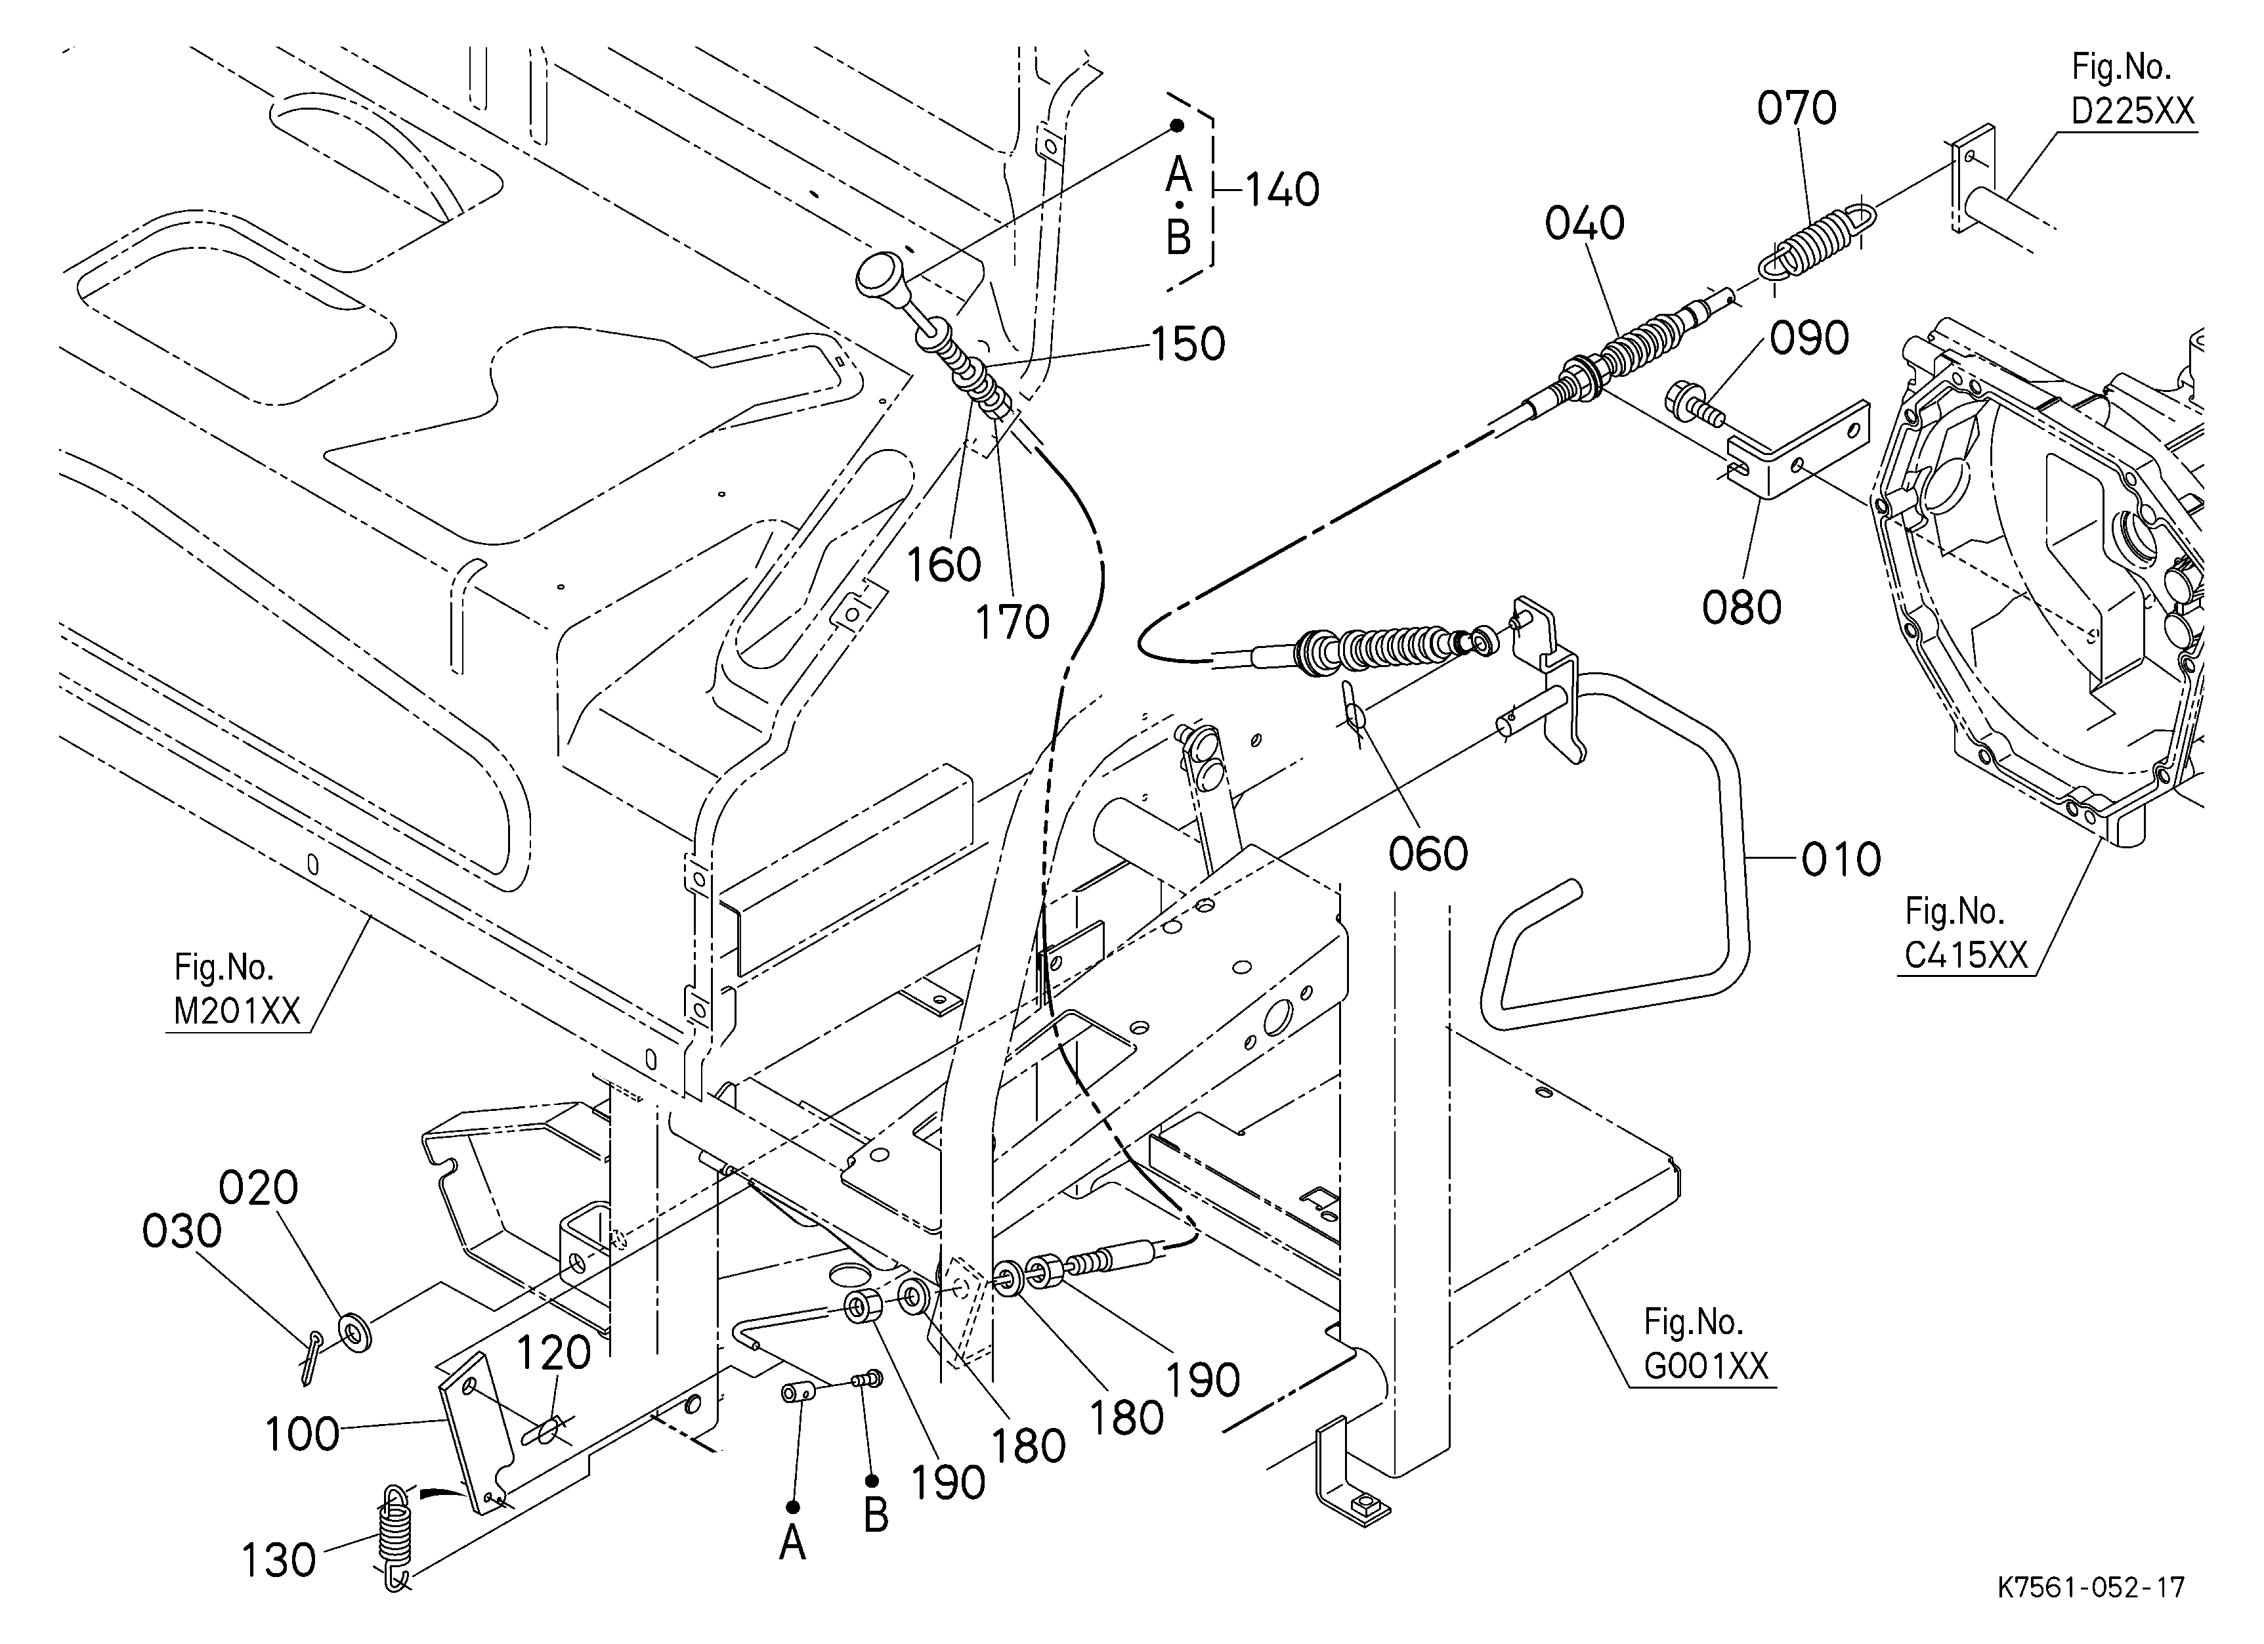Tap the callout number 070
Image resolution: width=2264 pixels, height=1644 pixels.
click(x=1797, y=108)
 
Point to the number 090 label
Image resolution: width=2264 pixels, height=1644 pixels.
click(x=1809, y=338)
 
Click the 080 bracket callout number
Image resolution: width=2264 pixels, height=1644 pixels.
click(x=1742, y=607)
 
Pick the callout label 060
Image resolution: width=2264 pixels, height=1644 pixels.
click(x=1428, y=854)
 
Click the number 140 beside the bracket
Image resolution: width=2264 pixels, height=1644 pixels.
click(x=1282, y=190)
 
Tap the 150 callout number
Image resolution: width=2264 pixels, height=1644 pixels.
click(x=1188, y=345)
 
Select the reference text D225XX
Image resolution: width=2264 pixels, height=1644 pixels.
click(x=2133, y=111)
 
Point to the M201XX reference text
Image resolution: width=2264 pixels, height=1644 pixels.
click(x=236, y=1011)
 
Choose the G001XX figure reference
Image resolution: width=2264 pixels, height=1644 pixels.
click(x=1706, y=1366)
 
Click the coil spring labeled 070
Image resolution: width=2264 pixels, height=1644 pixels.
click(x=1817, y=244)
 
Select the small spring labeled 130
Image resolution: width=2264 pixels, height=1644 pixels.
click(x=395, y=1537)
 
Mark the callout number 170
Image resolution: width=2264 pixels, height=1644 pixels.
click(x=1012, y=622)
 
